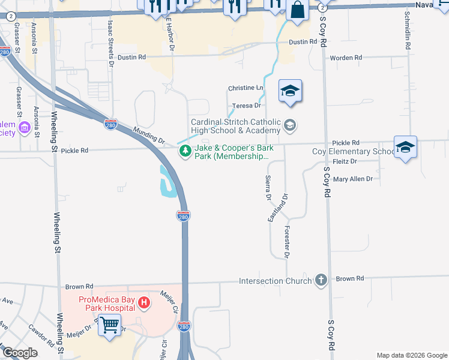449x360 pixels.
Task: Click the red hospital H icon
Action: (143, 303)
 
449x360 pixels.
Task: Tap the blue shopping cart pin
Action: (110, 325)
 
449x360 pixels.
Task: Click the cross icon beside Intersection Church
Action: (321, 280)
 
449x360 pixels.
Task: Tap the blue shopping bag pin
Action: (297, 9)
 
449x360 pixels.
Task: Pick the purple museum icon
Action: (25, 127)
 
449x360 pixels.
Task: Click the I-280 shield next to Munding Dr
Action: (110, 124)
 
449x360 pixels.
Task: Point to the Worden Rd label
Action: (347, 58)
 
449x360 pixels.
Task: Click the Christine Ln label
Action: (246, 88)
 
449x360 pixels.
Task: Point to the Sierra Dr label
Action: (268, 188)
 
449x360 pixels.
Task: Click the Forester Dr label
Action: (287, 243)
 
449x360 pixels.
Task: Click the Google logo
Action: (20, 353)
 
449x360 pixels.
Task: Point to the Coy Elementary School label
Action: (353, 151)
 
